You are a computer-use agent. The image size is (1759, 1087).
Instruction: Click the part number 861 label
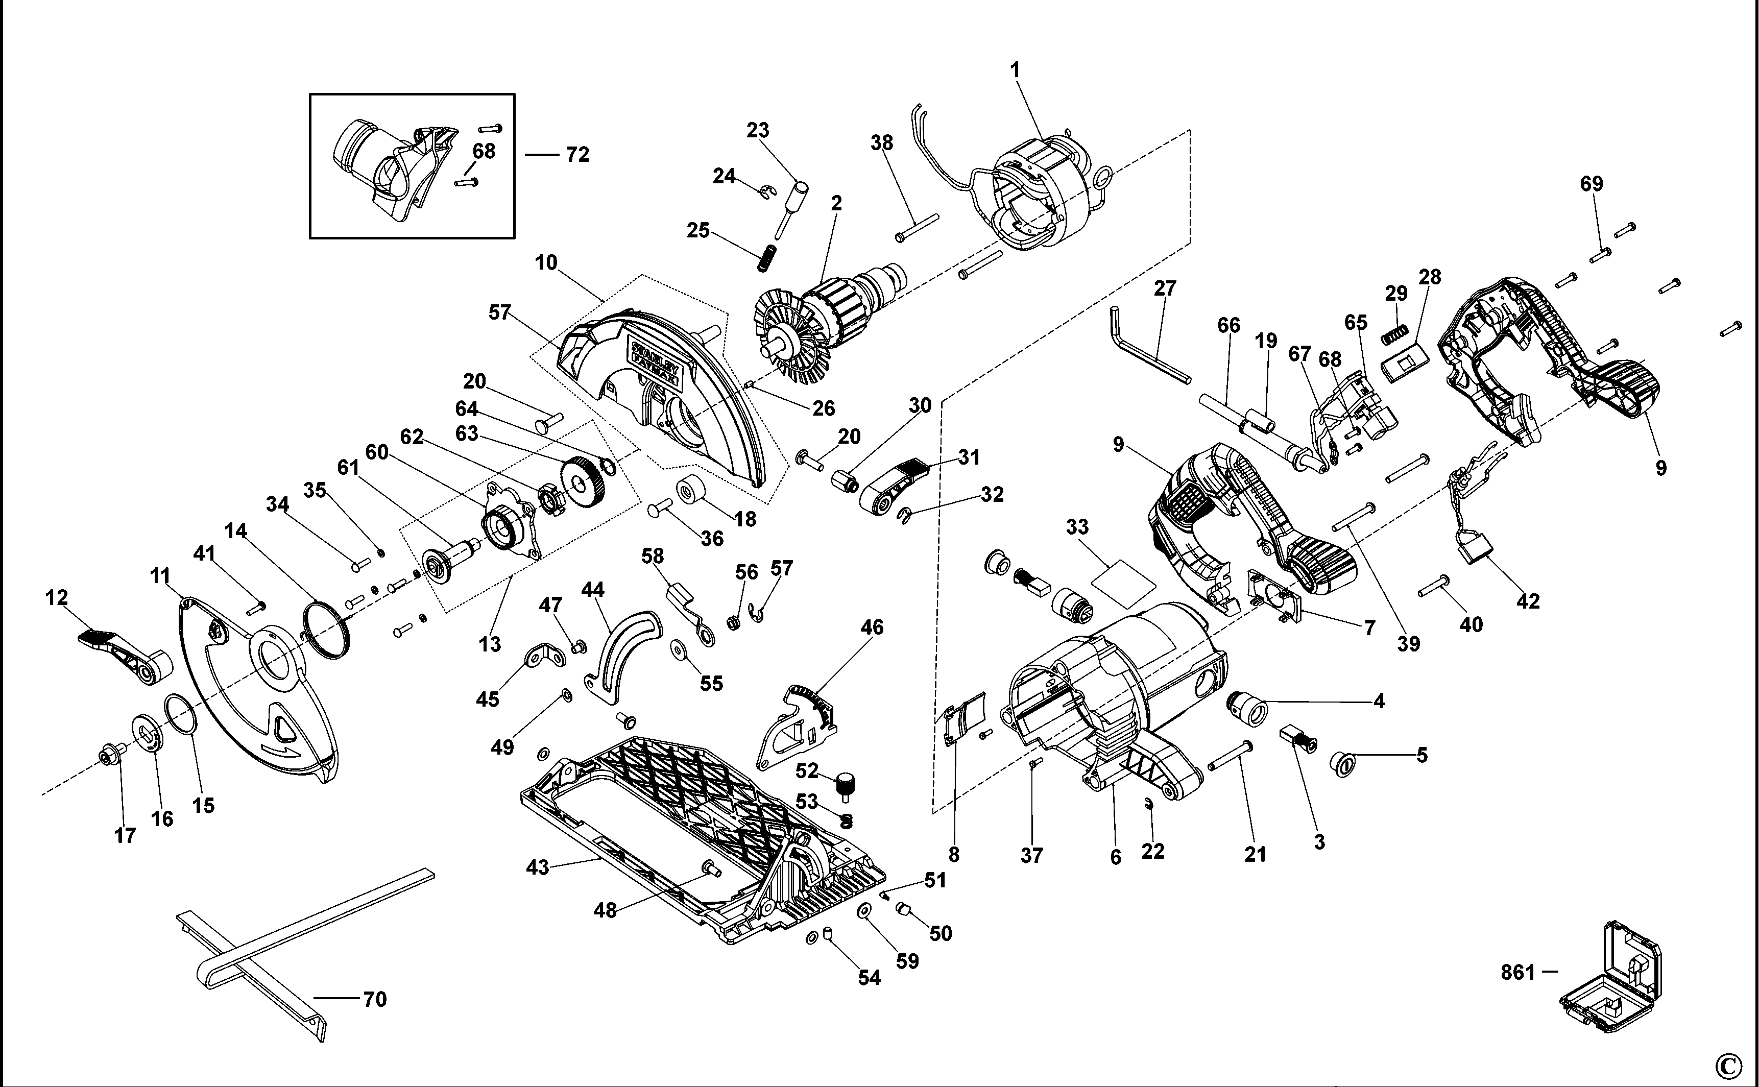1518,973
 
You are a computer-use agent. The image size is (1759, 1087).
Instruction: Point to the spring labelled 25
768,257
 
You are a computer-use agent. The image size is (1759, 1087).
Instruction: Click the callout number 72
577,155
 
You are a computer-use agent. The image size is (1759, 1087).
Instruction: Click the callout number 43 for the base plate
537,868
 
